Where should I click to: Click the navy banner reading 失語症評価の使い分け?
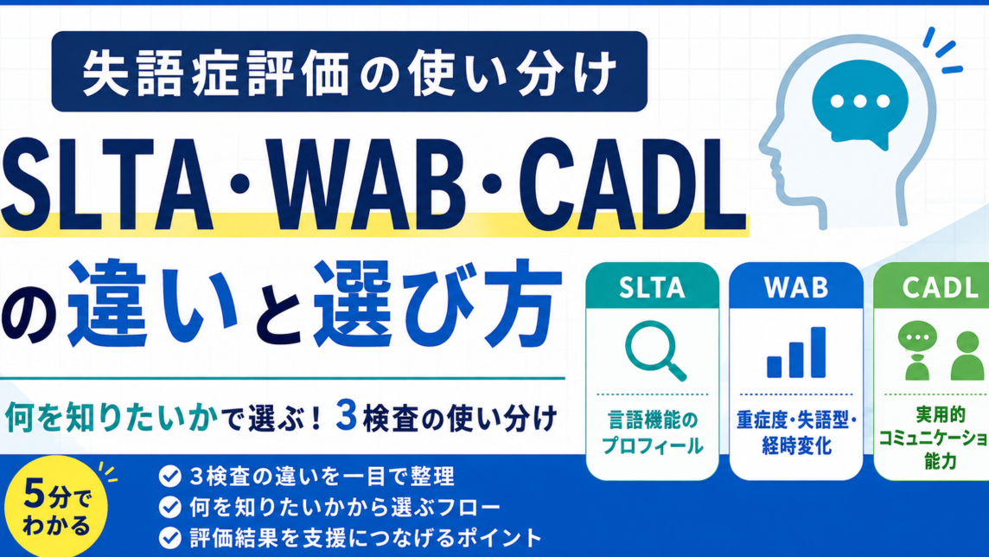pos(349,71)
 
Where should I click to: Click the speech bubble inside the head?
pos(860,104)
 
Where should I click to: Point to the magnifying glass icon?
pos(654,351)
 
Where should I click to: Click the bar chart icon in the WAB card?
pos(796,353)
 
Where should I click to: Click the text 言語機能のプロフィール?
pos(652,432)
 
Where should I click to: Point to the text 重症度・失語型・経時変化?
pos(796,432)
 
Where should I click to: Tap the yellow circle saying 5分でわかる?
pos(56,507)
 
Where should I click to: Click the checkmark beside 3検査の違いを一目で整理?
pos(169,477)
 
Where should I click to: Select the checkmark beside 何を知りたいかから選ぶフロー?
pos(169,507)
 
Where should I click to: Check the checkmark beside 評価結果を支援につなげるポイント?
pos(169,537)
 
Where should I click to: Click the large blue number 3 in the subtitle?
pos(347,415)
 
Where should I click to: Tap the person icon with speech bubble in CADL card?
pos(917,350)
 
